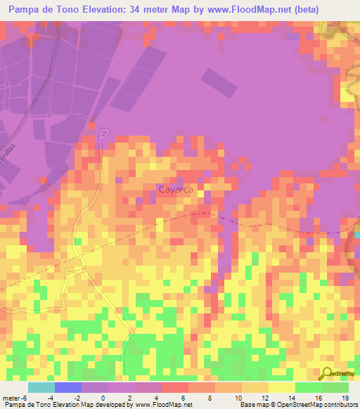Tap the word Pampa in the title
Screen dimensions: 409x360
tap(24, 10)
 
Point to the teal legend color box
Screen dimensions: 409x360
tap(41, 387)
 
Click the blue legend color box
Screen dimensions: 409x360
tap(67, 387)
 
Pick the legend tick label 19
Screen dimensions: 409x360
tap(345, 397)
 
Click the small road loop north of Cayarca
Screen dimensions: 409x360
tap(104, 133)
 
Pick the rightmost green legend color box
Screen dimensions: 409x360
tap(335, 387)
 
